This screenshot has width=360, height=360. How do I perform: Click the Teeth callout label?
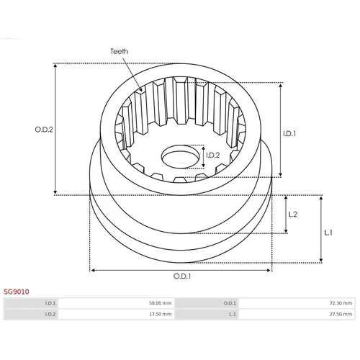[x=119, y=51]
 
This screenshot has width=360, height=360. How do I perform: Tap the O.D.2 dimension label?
[x=44, y=130]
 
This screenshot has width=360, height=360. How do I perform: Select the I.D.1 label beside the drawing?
[x=289, y=134]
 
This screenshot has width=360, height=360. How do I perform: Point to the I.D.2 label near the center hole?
[x=213, y=156]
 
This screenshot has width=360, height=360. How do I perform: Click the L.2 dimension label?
[x=293, y=214]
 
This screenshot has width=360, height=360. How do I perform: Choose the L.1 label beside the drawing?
[x=328, y=233]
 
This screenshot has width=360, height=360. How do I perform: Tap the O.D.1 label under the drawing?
[x=182, y=276]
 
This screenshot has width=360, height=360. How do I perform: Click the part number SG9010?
[x=17, y=292]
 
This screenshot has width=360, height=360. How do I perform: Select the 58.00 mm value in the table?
[x=161, y=303]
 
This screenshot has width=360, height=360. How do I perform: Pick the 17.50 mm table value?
[x=161, y=314]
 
